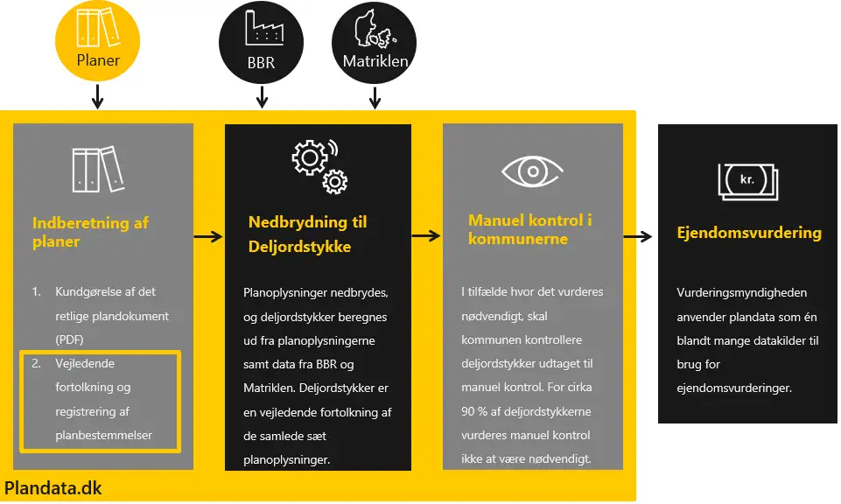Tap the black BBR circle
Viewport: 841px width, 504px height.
tap(260, 40)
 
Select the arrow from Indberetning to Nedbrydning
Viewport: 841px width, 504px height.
tap(208, 236)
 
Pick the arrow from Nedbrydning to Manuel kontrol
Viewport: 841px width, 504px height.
tap(426, 236)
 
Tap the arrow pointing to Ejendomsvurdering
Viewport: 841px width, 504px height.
tap(638, 236)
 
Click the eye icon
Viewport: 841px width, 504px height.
tap(533, 171)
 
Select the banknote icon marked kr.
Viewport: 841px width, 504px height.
tap(746, 180)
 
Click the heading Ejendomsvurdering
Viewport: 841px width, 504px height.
tap(749, 233)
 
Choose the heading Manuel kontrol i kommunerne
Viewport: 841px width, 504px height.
tap(530, 229)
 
